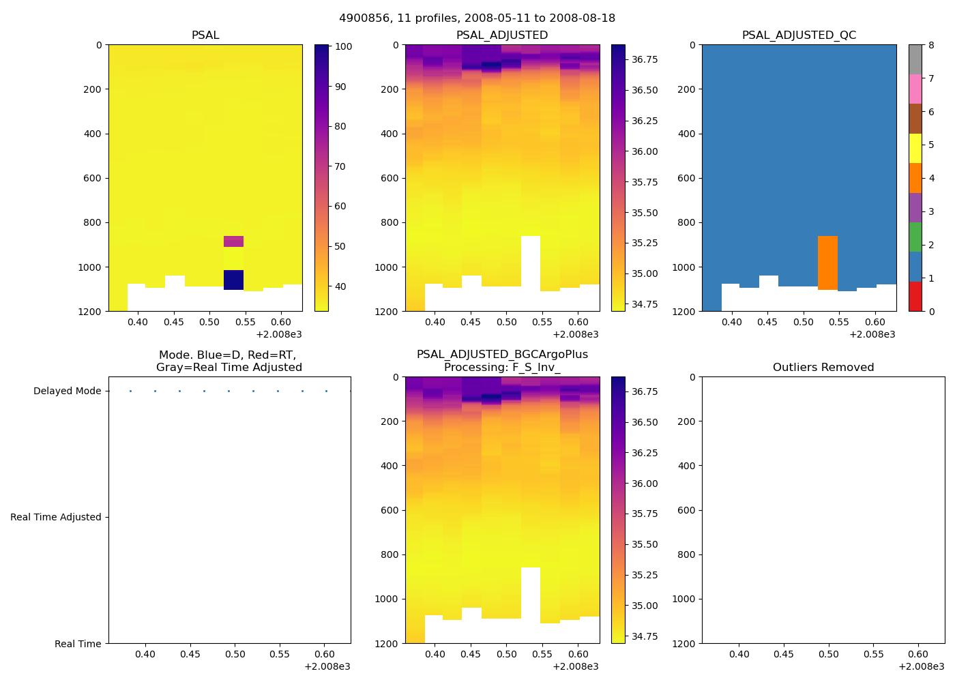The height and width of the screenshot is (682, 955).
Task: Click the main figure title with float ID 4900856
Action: pos(477,18)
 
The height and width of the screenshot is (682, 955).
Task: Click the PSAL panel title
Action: pos(205,35)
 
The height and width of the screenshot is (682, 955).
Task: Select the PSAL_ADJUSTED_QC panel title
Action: pos(799,35)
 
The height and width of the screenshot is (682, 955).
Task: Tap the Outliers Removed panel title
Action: pos(823,368)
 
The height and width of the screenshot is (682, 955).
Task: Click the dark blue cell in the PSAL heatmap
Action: pos(233,280)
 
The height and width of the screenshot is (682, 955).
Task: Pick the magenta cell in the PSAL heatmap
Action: pos(233,241)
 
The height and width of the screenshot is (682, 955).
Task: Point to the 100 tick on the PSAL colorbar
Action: pos(344,47)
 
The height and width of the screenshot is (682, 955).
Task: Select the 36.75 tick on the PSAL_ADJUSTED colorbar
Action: pos(645,60)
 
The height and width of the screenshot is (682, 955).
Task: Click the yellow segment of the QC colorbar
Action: pos(915,148)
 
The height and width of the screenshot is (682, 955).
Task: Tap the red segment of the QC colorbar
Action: pos(915,297)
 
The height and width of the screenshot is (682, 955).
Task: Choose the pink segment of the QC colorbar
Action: pos(915,89)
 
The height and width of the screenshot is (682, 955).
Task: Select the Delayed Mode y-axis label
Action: pos(67,391)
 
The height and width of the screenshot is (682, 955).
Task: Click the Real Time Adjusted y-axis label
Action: pos(56,518)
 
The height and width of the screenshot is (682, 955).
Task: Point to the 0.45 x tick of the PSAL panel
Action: pos(174,322)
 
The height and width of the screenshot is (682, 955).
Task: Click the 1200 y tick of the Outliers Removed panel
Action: pos(687,644)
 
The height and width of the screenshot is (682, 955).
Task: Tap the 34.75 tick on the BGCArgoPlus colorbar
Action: pos(645,636)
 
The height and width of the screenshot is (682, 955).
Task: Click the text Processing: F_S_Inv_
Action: pos(502,368)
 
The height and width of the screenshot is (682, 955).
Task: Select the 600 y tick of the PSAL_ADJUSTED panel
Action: pos(391,179)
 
